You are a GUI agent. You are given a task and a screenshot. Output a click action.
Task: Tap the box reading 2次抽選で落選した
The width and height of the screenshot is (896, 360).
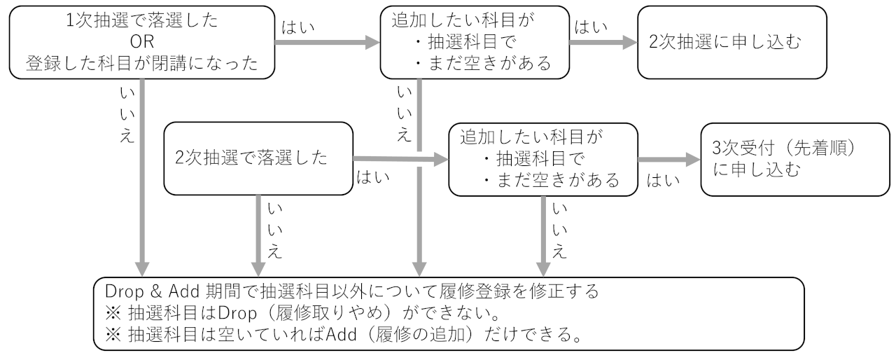[x=257, y=158]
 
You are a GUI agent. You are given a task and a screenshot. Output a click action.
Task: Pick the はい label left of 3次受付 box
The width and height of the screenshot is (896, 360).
[x=664, y=181]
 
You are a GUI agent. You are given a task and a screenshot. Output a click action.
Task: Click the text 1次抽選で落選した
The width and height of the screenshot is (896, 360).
[x=141, y=21]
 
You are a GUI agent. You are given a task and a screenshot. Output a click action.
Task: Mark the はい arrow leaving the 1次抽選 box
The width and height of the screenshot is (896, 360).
[x=325, y=43]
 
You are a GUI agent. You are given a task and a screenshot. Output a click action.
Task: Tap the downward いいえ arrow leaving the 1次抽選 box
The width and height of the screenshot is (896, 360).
[x=143, y=175]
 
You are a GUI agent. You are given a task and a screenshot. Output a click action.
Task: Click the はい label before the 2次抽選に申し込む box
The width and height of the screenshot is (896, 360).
[x=591, y=28]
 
